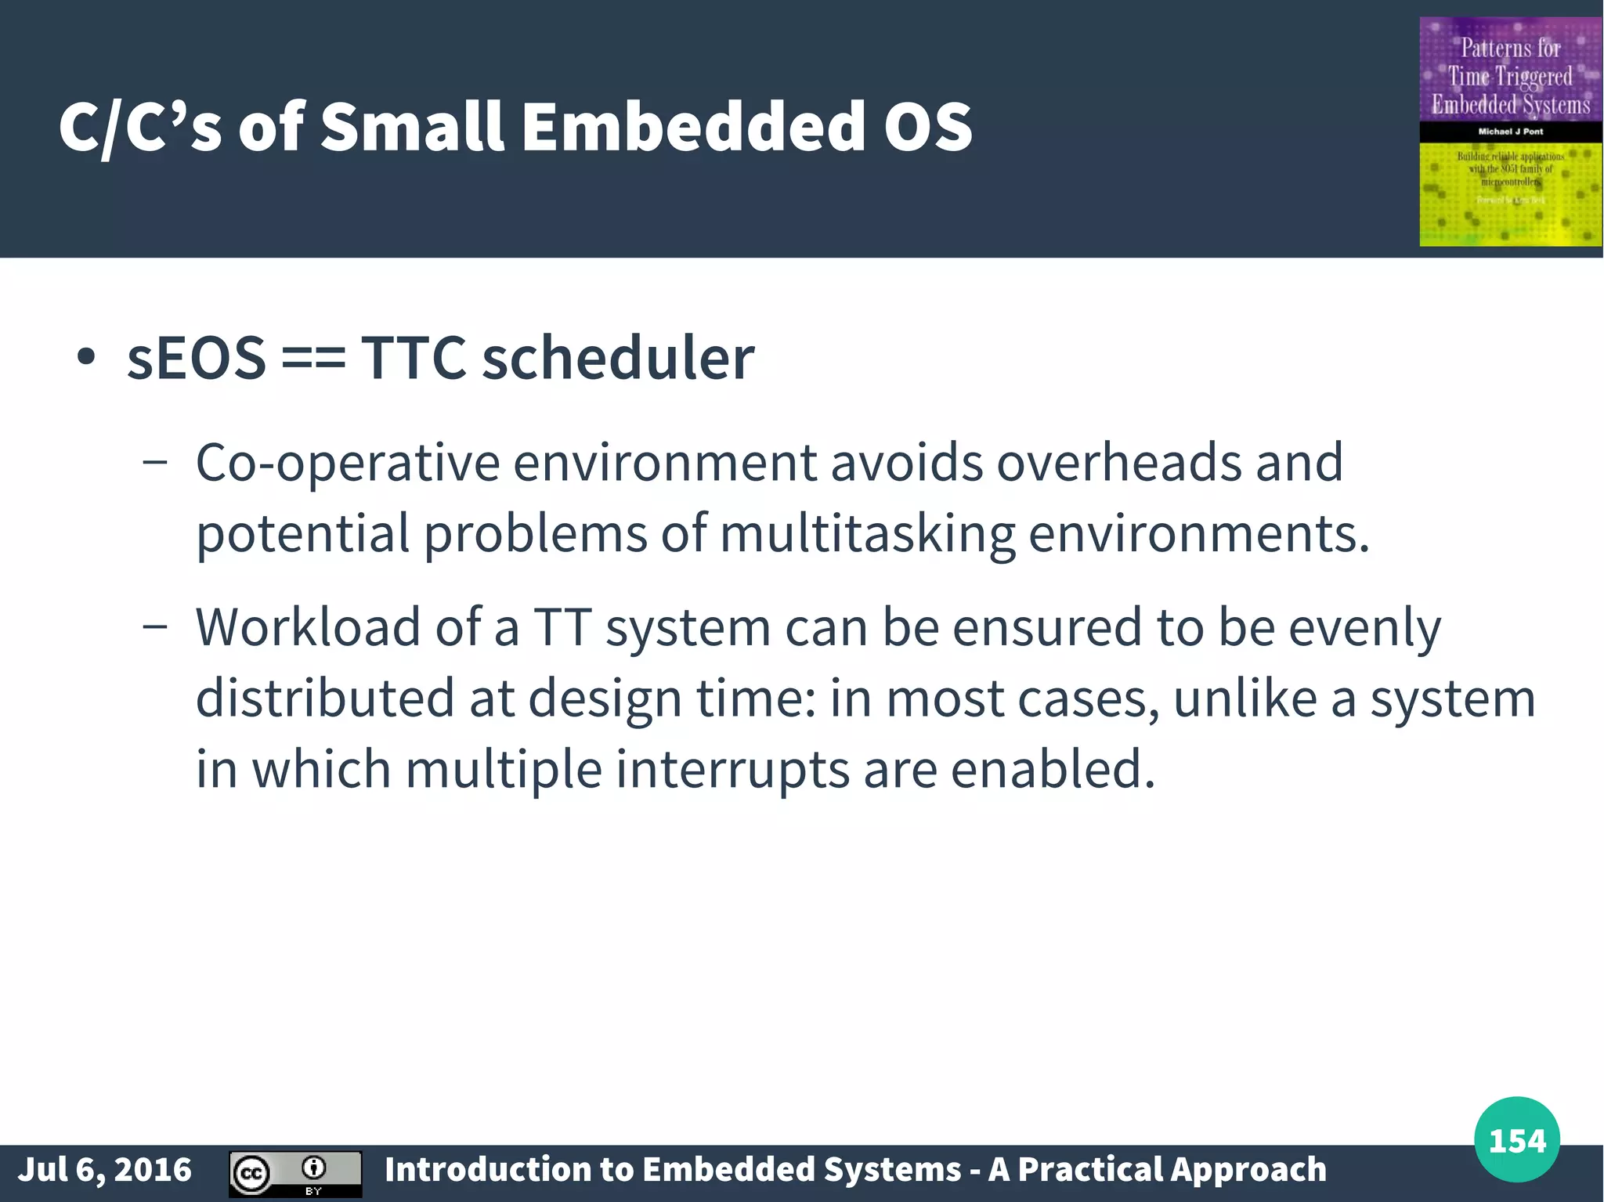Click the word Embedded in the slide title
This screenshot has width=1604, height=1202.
coord(693,127)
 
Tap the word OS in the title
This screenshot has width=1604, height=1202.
coord(928,127)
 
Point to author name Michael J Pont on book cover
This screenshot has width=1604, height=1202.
coord(1510,132)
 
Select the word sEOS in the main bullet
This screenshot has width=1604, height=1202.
coord(197,359)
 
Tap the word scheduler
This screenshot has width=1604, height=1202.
coord(617,359)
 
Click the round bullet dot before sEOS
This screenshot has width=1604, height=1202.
coord(86,359)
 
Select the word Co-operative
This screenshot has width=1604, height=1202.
coord(347,463)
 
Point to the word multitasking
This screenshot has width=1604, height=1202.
coord(866,534)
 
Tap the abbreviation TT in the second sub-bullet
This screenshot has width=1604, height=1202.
coord(562,627)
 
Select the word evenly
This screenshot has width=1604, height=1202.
coord(1364,629)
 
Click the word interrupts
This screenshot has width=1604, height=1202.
coord(732,770)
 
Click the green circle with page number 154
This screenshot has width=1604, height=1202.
coord(1516,1139)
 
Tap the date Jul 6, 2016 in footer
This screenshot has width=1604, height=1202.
coord(105,1170)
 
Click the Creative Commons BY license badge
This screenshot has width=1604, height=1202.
coord(295,1174)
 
